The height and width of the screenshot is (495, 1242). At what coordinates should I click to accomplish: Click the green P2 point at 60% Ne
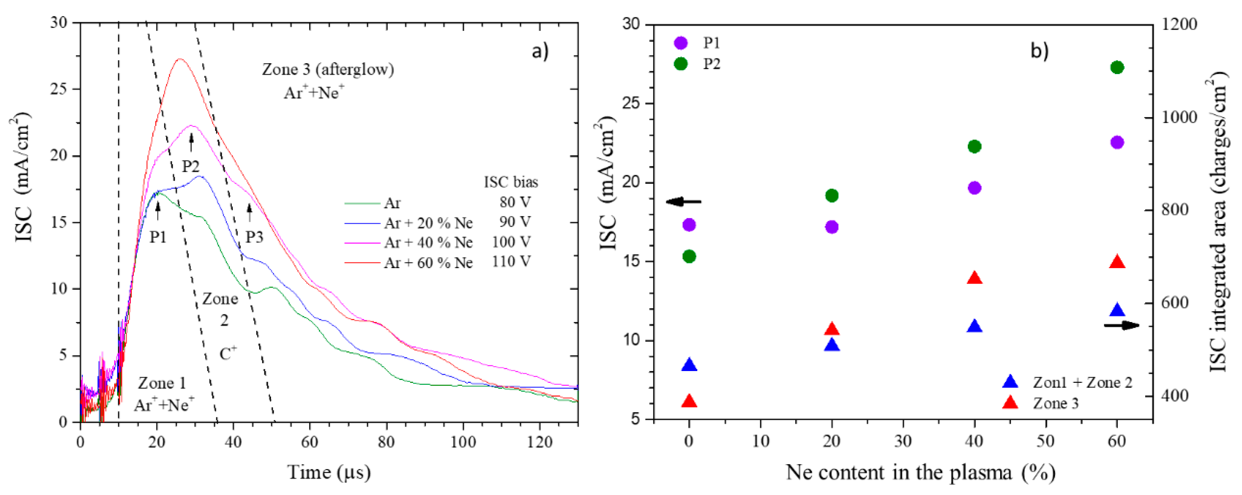[x=1117, y=68]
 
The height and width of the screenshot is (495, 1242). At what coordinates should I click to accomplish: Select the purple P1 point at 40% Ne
[x=974, y=188]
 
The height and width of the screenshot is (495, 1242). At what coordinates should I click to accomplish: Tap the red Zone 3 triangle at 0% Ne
[x=689, y=401]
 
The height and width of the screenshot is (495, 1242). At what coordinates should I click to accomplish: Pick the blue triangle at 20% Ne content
[x=832, y=345]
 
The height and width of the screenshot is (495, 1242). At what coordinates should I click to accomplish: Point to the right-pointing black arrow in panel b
[x=1121, y=325]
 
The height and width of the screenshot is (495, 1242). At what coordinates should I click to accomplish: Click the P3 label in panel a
[x=254, y=237]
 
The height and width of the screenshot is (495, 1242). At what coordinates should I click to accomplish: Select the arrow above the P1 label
[x=158, y=211]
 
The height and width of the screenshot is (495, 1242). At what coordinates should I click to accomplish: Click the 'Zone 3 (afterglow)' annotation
[x=328, y=69]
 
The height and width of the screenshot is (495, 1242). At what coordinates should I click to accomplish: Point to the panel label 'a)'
[x=540, y=51]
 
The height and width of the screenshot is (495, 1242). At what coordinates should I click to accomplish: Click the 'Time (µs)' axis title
[x=329, y=472]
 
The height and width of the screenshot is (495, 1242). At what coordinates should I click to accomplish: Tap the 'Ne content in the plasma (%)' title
[x=920, y=472]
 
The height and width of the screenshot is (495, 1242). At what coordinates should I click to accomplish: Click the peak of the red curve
[x=179, y=59]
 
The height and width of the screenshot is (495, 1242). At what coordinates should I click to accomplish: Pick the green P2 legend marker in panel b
[x=680, y=64]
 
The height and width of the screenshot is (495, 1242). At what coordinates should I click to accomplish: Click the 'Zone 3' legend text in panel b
[x=1055, y=403]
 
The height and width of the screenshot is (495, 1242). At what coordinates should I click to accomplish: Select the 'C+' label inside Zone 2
[x=227, y=354]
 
